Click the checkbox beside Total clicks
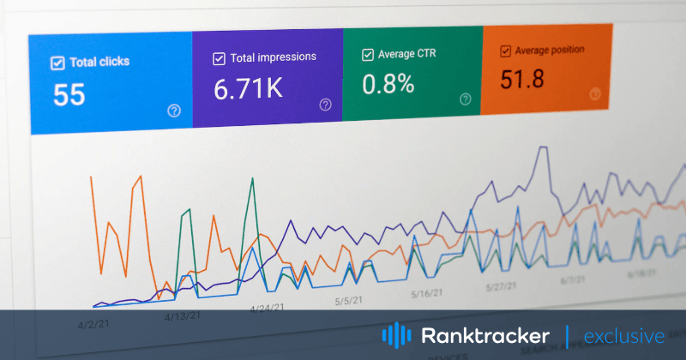tap(58, 63)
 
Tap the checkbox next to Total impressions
tap(219, 59)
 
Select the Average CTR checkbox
tap(367, 55)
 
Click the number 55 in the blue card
tap(69, 95)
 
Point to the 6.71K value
tap(250, 89)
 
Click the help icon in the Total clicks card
tap(174, 111)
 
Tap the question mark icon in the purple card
tap(325, 105)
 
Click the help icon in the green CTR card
tap(465, 99)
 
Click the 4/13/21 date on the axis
tap(182, 315)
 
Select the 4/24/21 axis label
tap(267, 308)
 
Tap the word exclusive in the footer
tap(624, 335)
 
